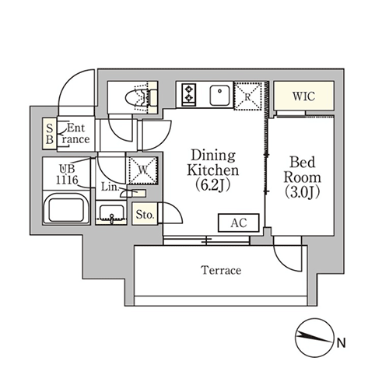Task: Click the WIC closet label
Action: click(303, 96)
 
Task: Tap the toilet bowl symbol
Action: click(138, 98)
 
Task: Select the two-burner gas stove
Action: click(189, 94)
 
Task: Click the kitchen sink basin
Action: click(219, 95)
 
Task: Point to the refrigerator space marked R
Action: click(248, 96)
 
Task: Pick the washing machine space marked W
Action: click(142, 170)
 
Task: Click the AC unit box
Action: click(239, 223)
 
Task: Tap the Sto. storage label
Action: click(145, 215)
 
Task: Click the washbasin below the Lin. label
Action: click(111, 213)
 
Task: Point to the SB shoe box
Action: click(50, 134)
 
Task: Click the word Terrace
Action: click(221, 270)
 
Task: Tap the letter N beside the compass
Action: click(342, 343)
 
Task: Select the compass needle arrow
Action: click(314, 337)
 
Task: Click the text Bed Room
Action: click(303, 170)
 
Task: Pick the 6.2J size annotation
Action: click(212, 185)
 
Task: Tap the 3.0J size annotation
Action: click(303, 192)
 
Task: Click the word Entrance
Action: click(75, 134)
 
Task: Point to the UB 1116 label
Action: click(67, 174)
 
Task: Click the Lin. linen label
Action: click(110, 187)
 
